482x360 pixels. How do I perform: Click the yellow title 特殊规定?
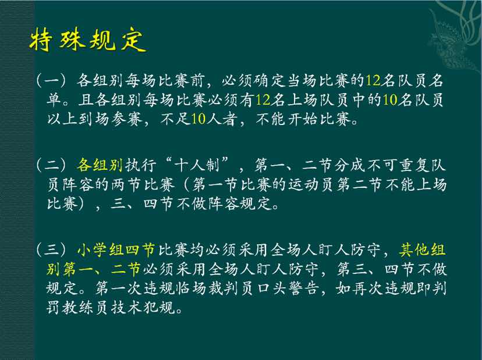(x=87, y=40)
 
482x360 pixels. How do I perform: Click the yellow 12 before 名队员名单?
(x=373, y=81)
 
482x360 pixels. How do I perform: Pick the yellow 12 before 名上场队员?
(x=263, y=100)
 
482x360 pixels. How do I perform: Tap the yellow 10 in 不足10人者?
(x=199, y=119)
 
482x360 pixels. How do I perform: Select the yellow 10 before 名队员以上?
(x=390, y=100)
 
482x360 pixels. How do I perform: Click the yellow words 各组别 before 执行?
(x=100, y=165)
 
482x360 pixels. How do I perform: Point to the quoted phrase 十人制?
(x=197, y=165)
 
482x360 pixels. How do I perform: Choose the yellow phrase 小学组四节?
(x=116, y=249)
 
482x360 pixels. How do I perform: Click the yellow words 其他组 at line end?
(x=423, y=249)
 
